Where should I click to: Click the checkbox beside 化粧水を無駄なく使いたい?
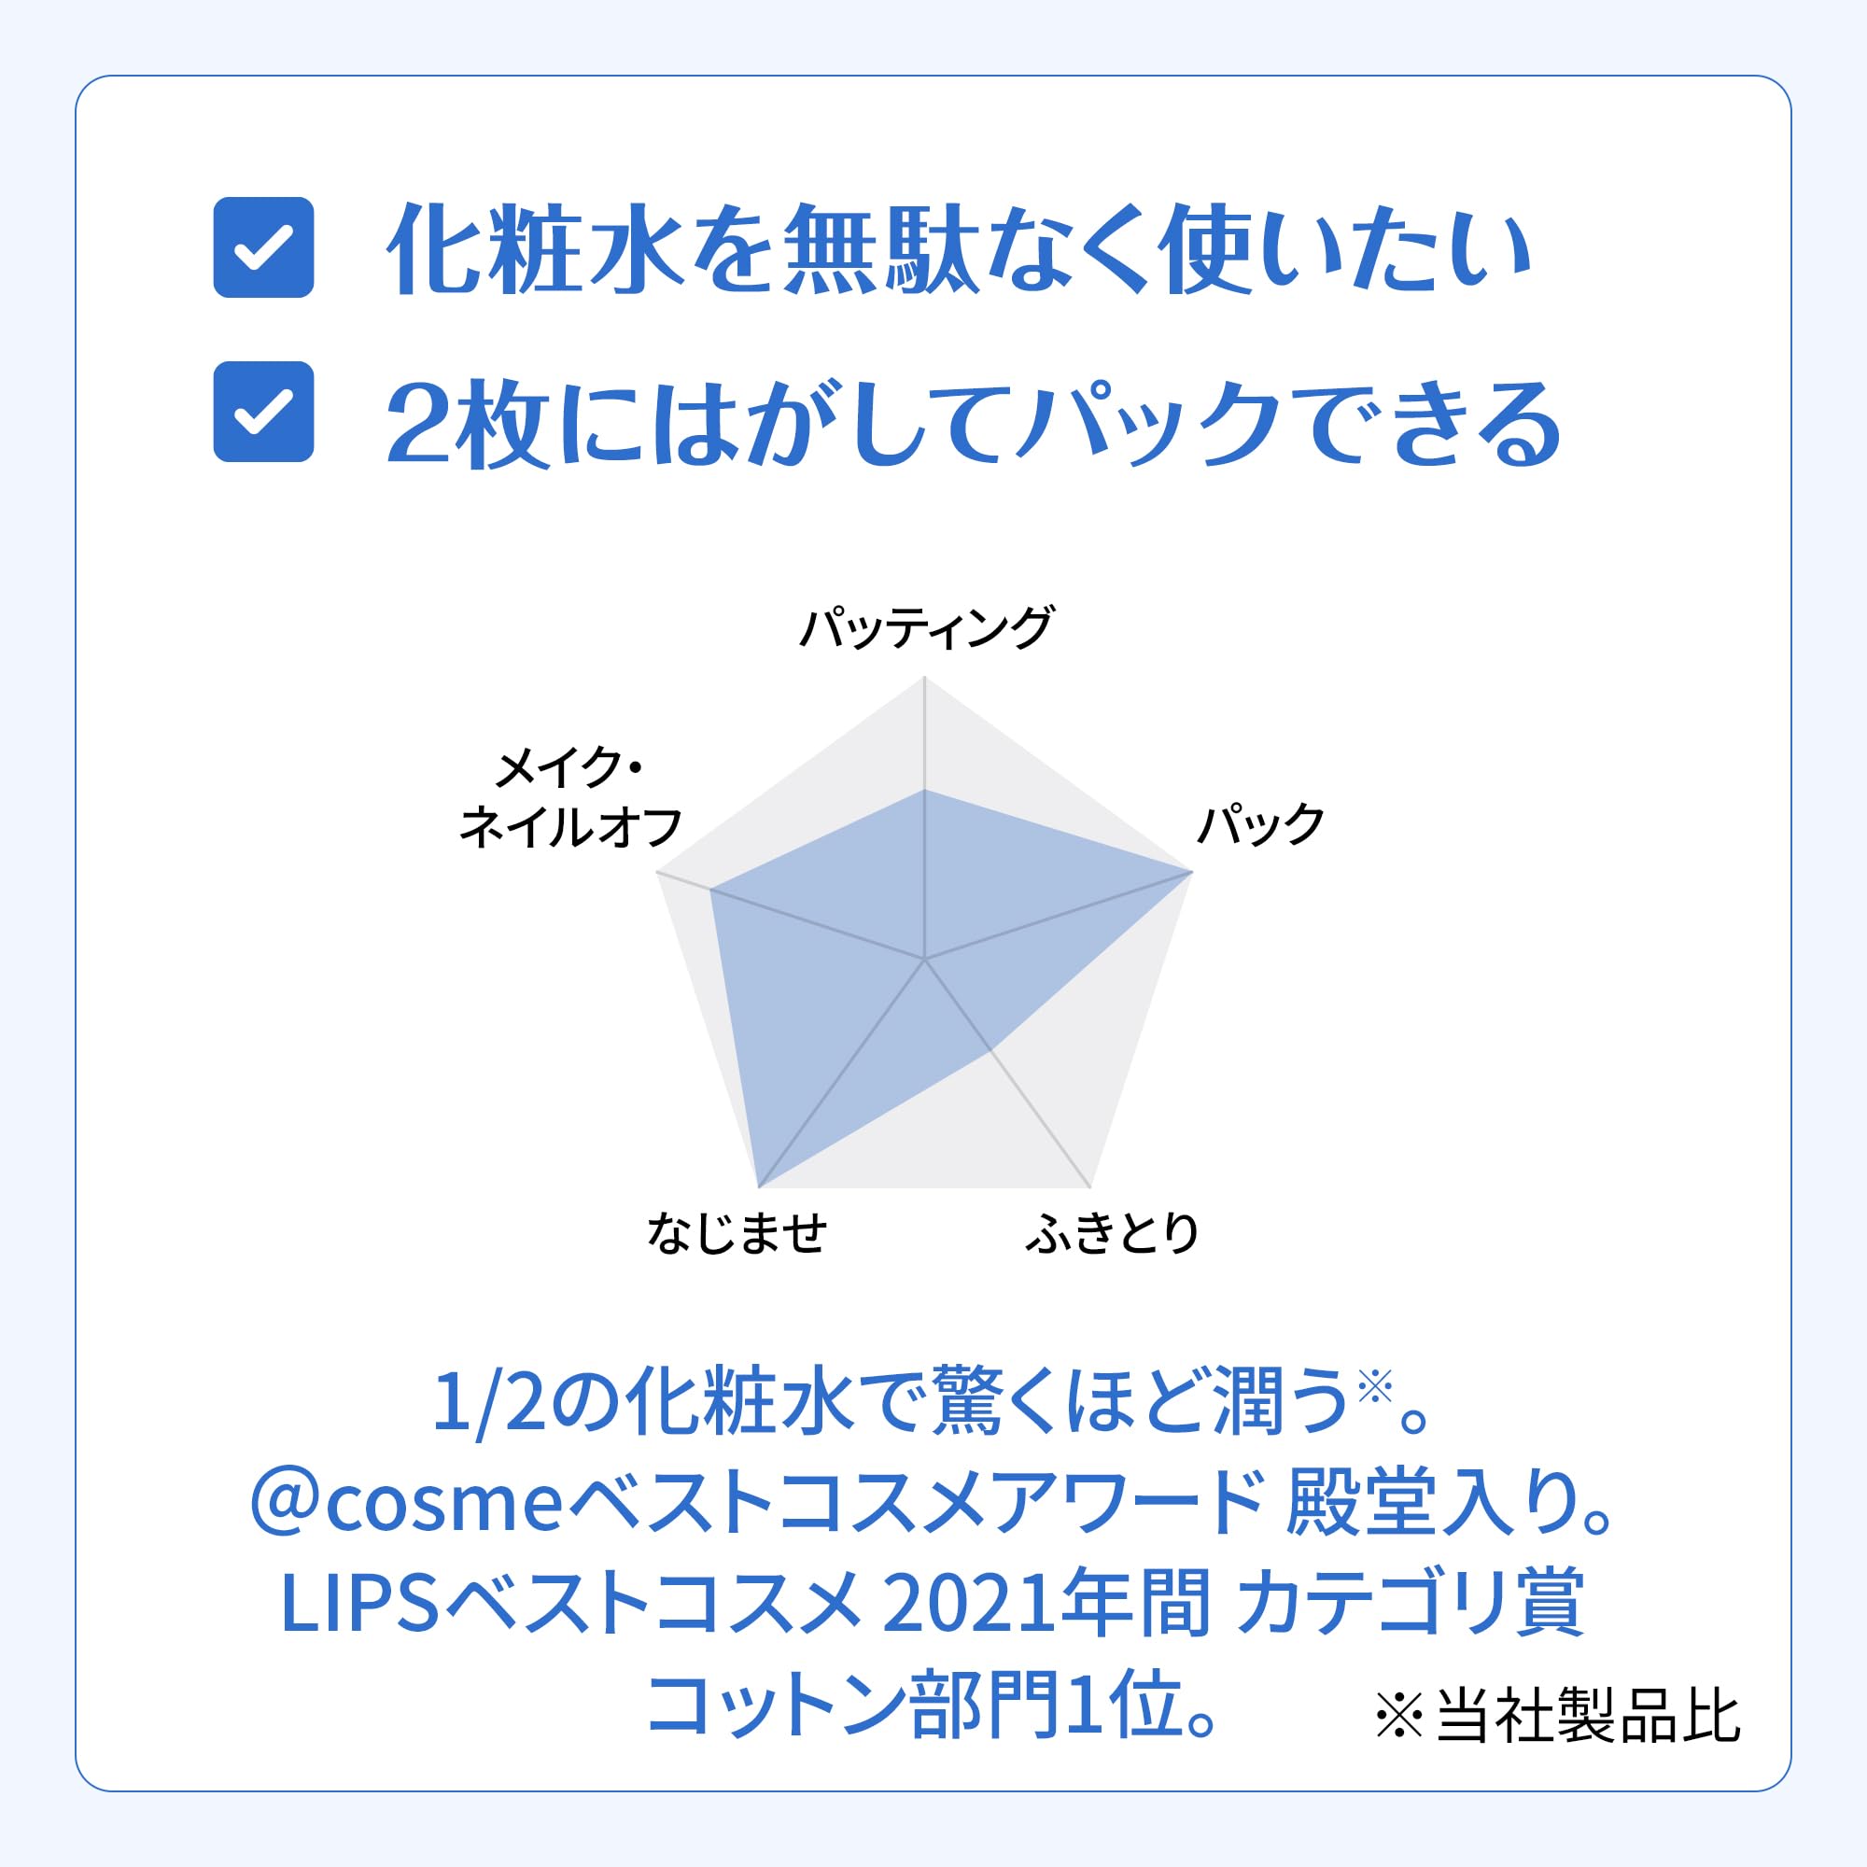263,247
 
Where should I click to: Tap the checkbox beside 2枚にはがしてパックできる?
263,412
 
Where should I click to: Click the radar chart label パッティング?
926,629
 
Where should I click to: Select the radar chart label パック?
1260,824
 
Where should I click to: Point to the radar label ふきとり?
1113,1233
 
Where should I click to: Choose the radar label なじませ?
737,1233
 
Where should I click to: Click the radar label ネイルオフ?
571,828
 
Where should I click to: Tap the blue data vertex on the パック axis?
1191,873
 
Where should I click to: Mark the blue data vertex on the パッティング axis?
925,790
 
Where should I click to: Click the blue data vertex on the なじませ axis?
760,1186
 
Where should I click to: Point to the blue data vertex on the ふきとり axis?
991,1050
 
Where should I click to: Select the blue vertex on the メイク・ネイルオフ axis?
711,890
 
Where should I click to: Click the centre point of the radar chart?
925,960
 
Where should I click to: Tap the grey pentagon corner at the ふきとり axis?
1090,1187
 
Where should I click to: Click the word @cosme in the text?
407,1506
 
